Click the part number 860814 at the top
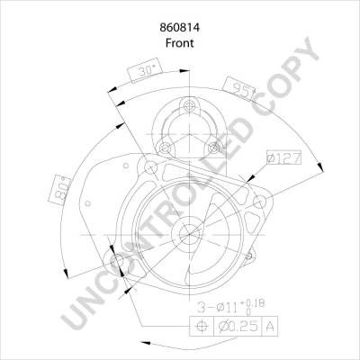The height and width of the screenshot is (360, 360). pos(180,28)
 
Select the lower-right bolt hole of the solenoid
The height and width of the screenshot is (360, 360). pos(213,148)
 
